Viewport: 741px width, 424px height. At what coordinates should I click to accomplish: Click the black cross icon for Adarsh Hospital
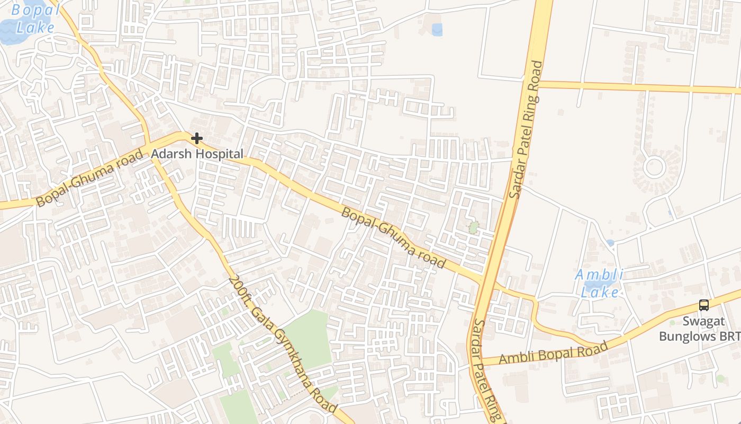[197, 139]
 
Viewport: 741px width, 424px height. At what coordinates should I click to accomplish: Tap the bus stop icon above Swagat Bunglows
[703, 305]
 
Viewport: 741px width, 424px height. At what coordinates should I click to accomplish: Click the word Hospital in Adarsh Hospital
[218, 154]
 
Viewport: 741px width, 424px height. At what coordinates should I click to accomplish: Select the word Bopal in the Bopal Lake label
[28, 10]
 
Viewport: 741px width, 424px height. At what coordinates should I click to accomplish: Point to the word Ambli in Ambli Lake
[600, 275]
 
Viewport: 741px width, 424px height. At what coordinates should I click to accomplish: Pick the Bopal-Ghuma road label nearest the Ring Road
[393, 237]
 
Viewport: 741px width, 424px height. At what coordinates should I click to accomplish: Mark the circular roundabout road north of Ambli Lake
[654, 167]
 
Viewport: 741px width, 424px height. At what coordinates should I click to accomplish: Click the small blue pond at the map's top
[437, 30]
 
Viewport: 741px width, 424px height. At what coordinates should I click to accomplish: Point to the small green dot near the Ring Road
[473, 228]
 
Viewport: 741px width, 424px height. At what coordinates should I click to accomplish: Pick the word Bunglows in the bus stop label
[686, 336]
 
